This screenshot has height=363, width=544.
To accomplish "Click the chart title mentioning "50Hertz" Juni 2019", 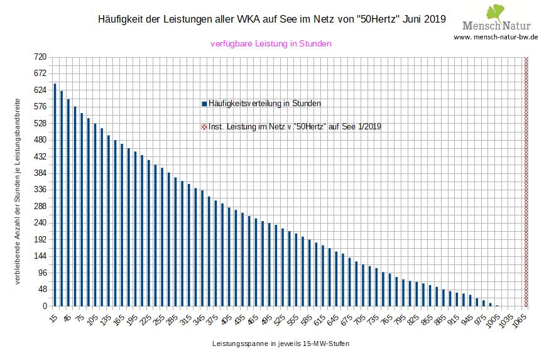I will tap(272, 19).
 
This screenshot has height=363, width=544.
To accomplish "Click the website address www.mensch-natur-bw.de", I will tap(496, 37).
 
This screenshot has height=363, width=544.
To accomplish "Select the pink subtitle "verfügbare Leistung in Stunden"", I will tap(270, 44).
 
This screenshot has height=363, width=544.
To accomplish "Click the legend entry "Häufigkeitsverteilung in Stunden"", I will tap(261, 103).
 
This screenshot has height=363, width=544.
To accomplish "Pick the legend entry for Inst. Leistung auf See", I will tap(291, 126).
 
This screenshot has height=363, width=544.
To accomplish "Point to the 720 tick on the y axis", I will tap(41, 57).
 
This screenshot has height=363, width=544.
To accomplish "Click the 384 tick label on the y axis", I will tap(41, 173).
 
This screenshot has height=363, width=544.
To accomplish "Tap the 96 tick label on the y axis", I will tap(41, 273).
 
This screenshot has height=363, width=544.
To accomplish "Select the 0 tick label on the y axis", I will tap(45, 306).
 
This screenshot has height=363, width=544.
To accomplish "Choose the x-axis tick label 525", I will tap(279, 318).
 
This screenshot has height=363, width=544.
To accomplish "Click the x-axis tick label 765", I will tap(386, 318).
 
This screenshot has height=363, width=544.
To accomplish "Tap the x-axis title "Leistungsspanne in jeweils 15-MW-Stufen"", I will tap(280, 344).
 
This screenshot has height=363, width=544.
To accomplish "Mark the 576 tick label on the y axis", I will tap(41, 107).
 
